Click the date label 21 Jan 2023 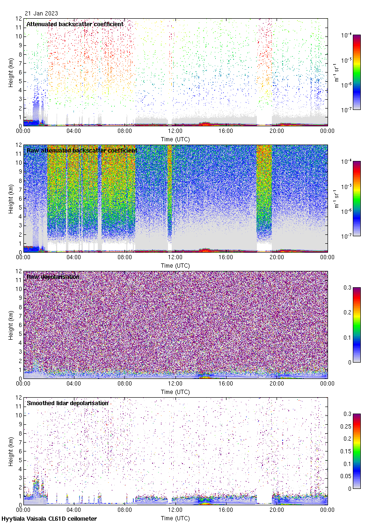pos(41,14)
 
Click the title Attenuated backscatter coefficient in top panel pos(75,24)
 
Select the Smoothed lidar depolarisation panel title pos(67,403)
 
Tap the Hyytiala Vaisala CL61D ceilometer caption pos(49,519)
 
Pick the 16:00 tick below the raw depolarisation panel pos(226,384)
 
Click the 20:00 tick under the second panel pos(277,258)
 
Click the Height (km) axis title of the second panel pos(11,198)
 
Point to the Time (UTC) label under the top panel pos(175,139)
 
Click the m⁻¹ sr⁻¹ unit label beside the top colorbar pos(337,72)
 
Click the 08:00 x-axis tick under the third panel pos(124,384)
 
